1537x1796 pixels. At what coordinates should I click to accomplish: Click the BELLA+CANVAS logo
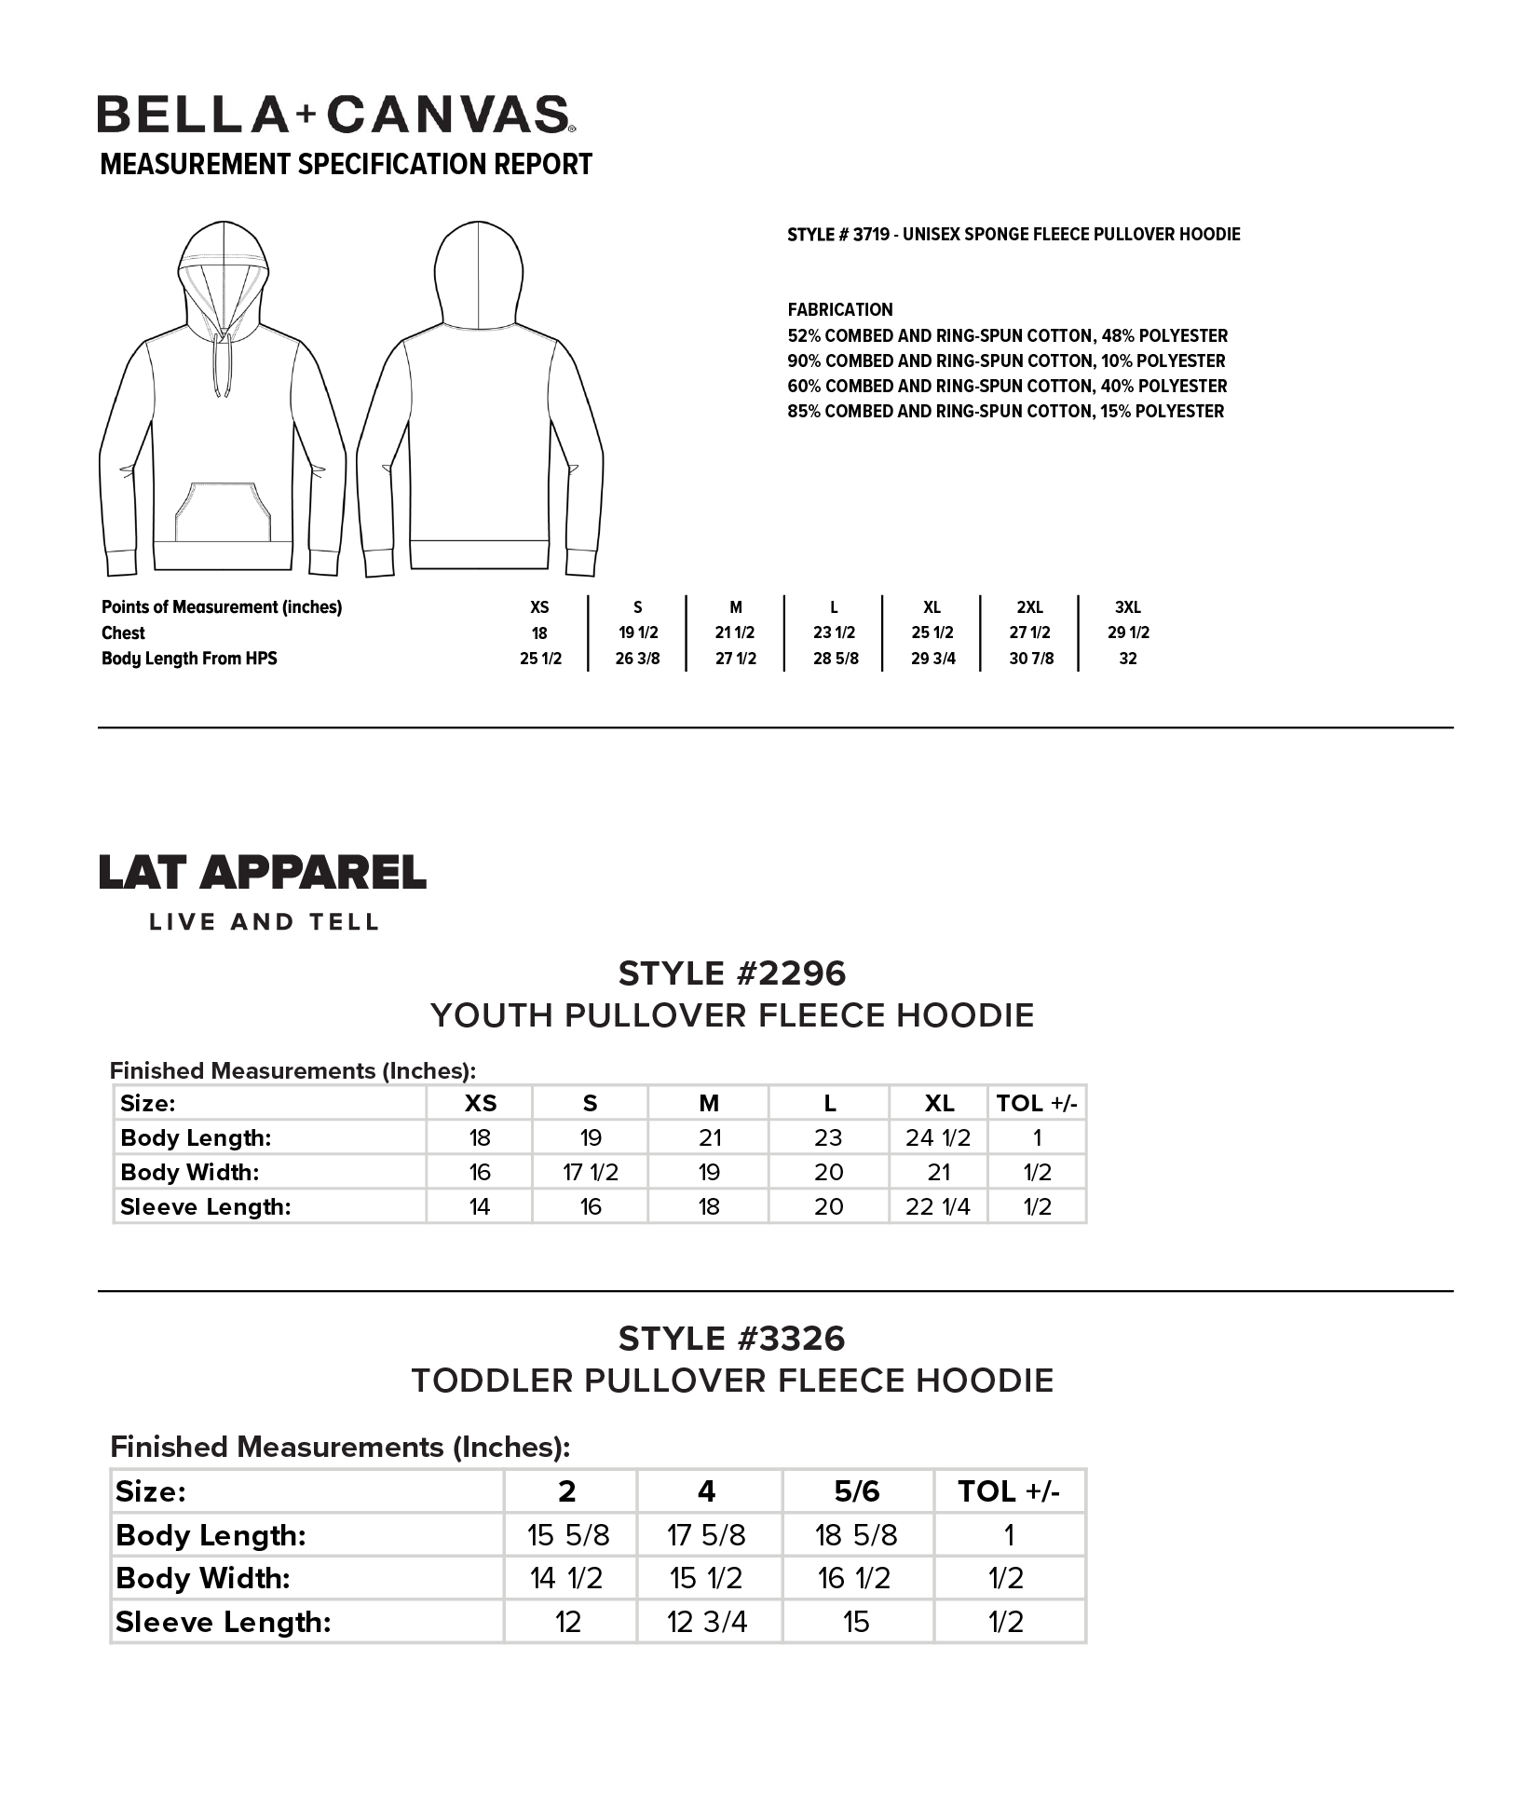tap(335, 115)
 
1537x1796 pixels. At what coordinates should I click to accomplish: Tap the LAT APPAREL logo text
tap(263, 872)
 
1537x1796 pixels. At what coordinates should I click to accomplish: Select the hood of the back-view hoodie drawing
tap(478, 275)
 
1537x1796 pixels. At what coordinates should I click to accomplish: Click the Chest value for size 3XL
tap(1128, 633)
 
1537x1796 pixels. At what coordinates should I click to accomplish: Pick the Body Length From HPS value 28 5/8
tap(836, 659)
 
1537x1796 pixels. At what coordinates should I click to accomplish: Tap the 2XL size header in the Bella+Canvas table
tap(1029, 607)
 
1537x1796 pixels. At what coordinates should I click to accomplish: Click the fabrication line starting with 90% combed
tap(1006, 361)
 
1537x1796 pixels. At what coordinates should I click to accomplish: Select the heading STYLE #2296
tap(732, 973)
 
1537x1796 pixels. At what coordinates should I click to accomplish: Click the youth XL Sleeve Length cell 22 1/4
tap(937, 1206)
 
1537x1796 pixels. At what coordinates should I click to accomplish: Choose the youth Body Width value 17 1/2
tap(591, 1172)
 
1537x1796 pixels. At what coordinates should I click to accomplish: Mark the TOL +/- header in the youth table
tap(1036, 1103)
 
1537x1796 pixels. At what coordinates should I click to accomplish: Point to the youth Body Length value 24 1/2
tap(937, 1137)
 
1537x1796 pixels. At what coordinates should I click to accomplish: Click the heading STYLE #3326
tap(732, 1339)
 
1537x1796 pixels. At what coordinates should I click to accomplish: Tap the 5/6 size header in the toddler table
tap(857, 1491)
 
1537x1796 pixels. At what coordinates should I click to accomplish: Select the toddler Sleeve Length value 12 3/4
tap(707, 1622)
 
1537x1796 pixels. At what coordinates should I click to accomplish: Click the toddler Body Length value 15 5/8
tap(568, 1534)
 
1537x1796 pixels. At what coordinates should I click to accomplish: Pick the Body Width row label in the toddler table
tap(203, 1578)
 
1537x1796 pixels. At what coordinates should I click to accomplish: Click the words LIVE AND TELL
tap(265, 922)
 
